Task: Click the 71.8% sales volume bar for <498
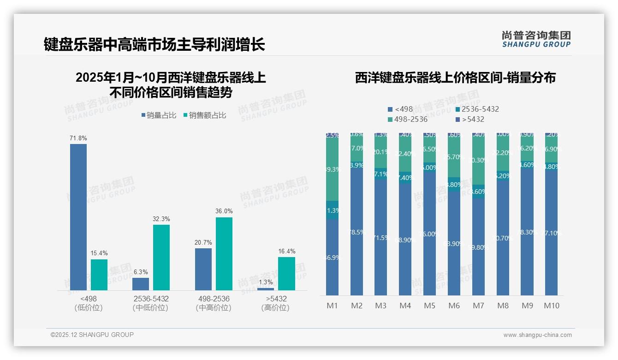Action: pos(78,217)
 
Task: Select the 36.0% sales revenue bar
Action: pos(224,254)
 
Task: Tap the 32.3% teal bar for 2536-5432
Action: pos(161,258)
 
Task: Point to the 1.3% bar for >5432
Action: pos(266,289)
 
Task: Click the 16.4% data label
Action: pos(286,252)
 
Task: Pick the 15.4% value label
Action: pos(99,253)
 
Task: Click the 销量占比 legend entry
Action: pos(159,115)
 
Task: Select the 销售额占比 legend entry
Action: pos(205,115)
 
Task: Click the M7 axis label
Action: pos(478,306)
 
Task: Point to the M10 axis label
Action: pos(552,306)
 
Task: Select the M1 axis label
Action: pos(333,306)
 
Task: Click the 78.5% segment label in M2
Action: pos(357,232)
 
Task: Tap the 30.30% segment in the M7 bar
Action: pos(479,160)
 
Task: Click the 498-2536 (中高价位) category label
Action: pos(213,303)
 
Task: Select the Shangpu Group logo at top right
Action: pos(536,39)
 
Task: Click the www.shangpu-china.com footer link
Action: pos(537,335)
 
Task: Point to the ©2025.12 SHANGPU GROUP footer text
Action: pos(92,335)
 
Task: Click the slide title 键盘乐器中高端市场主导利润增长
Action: pos(154,45)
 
